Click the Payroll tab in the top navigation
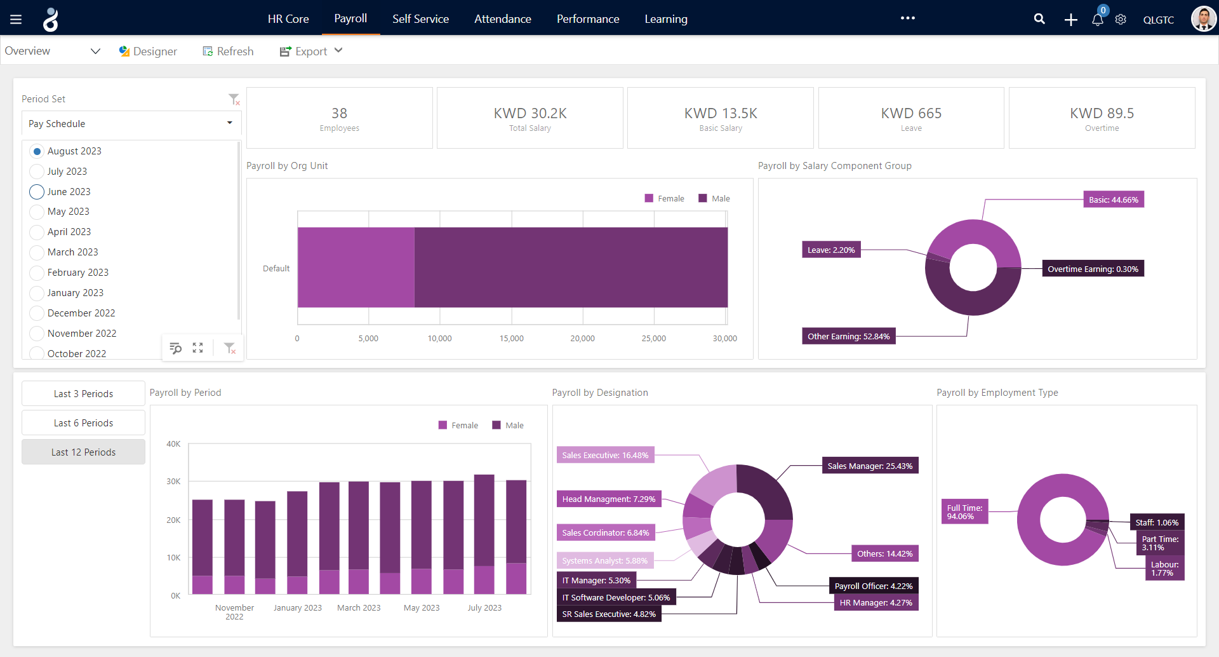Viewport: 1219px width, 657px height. tap(350, 18)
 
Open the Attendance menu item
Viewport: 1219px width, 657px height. tap(502, 19)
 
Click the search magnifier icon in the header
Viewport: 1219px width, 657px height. tap(1039, 19)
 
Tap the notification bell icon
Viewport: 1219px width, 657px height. tap(1097, 20)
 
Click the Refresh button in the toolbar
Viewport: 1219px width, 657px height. tap(228, 51)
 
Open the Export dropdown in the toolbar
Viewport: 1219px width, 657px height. tap(311, 51)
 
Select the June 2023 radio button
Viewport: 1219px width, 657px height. tap(37, 192)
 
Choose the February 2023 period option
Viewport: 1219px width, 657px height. tap(37, 273)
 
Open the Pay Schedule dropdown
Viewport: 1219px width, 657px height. tap(131, 123)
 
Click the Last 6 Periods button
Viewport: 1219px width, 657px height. tap(83, 423)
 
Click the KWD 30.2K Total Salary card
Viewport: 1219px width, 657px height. tap(530, 118)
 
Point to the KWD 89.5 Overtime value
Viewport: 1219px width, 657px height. tap(1102, 114)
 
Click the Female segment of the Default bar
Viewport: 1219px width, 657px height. tap(356, 268)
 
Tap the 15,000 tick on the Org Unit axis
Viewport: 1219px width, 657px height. tap(511, 339)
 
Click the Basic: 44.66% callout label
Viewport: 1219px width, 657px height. tap(1113, 200)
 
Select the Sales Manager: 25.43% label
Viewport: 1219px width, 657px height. tap(869, 466)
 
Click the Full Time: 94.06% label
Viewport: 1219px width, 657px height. tap(964, 512)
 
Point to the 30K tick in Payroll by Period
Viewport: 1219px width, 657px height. tap(173, 482)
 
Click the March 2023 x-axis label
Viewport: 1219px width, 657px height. tap(359, 608)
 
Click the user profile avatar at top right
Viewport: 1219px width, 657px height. tap(1202, 19)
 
